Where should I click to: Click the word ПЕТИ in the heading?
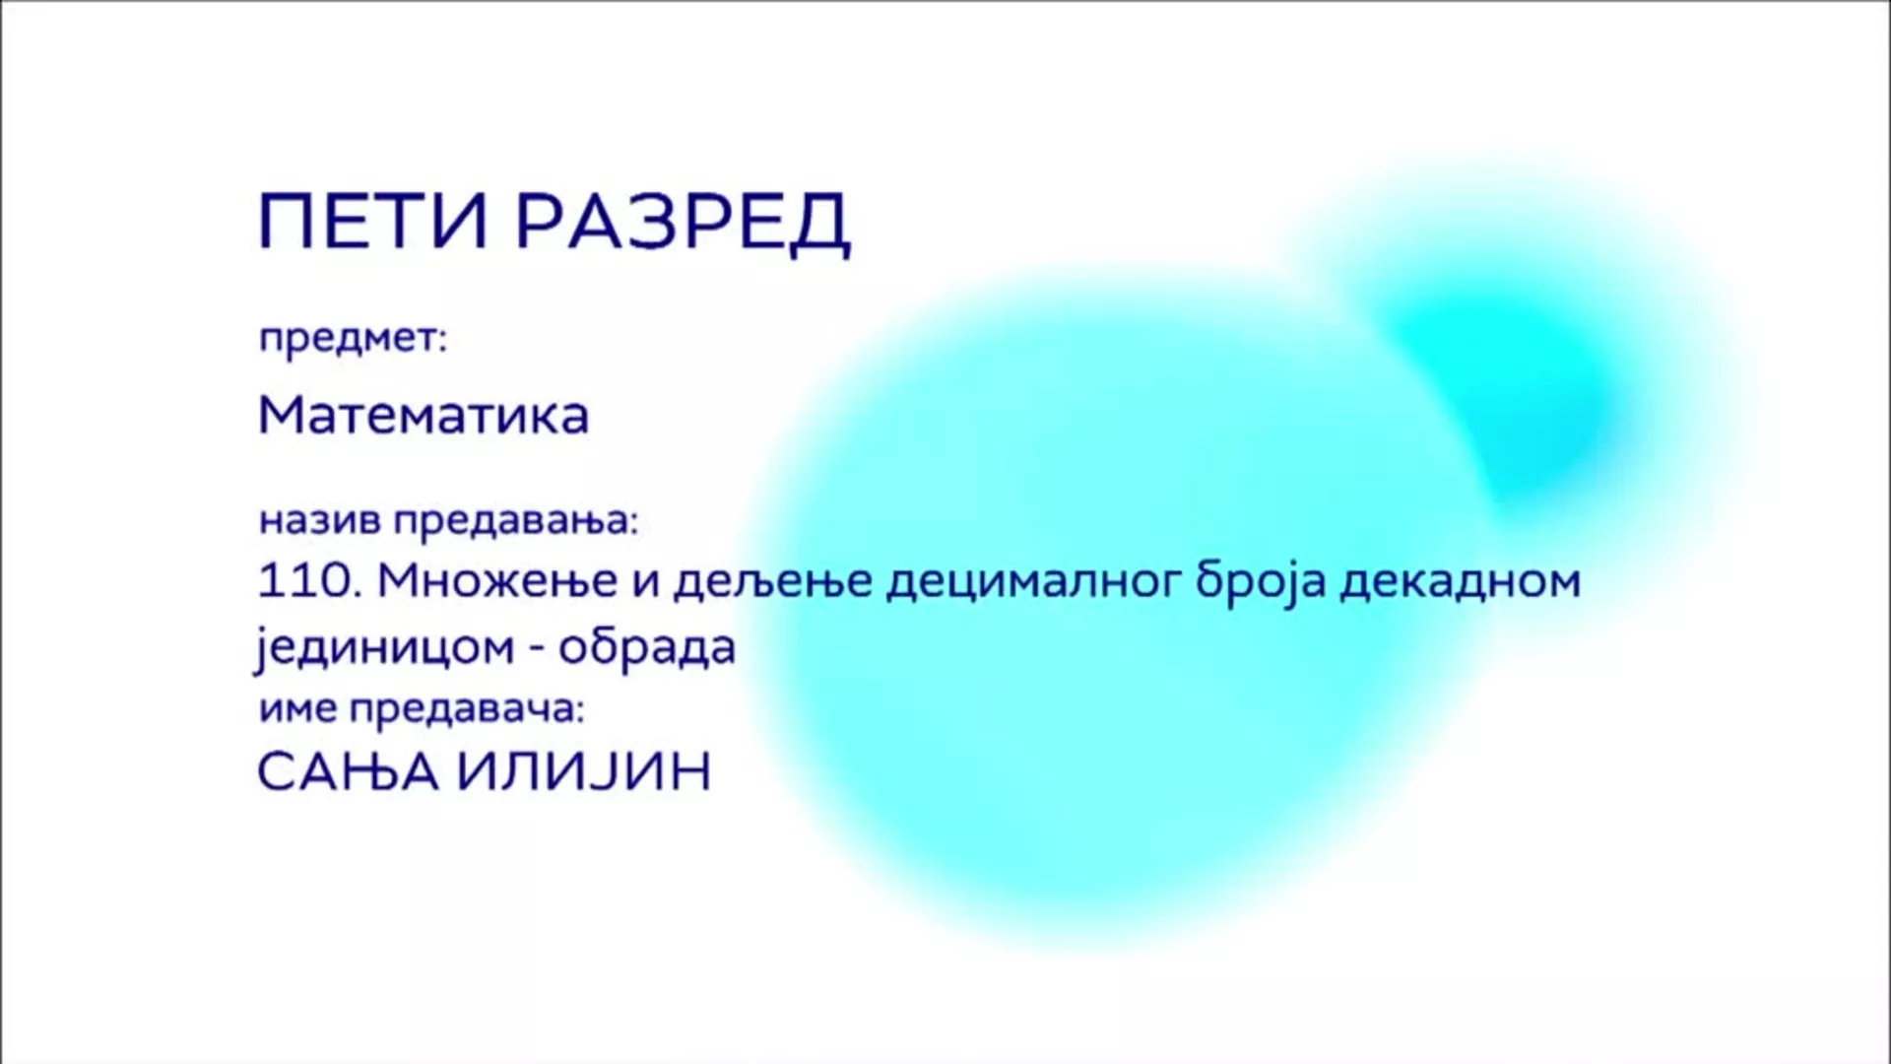(x=373, y=223)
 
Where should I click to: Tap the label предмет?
(x=353, y=341)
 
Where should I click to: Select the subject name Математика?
(x=424, y=416)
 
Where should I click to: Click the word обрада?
(x=647, y=647)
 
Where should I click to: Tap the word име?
(x=296, y=710)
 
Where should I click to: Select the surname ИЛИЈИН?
(x=585, y=771)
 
